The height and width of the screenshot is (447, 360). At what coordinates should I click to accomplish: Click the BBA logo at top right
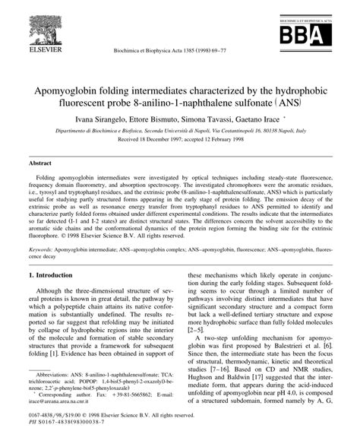point(308,34)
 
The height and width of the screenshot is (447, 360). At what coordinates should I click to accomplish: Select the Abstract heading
point(40,163)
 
